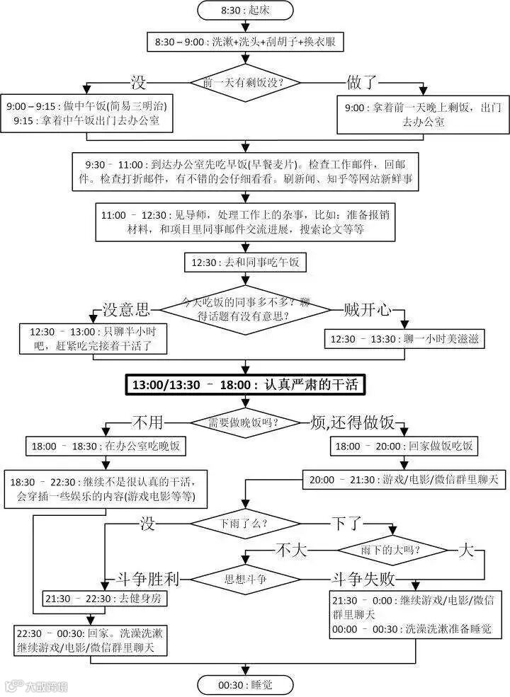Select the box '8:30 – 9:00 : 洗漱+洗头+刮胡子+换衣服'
(x=245, y=42)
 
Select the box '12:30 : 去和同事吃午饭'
(x=245, y=263)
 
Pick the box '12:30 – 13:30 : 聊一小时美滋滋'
(x=405, y=339)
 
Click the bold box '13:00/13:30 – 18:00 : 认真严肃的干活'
(x=245, y=385)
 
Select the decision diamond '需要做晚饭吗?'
(x=244, y=422)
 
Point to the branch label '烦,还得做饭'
(x=351, y=423)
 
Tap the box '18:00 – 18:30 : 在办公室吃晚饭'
(x=105, y=447)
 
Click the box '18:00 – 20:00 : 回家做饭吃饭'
(x=405, y=447)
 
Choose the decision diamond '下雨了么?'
(x=244, y=524)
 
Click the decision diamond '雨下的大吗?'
(x=390, y=550)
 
